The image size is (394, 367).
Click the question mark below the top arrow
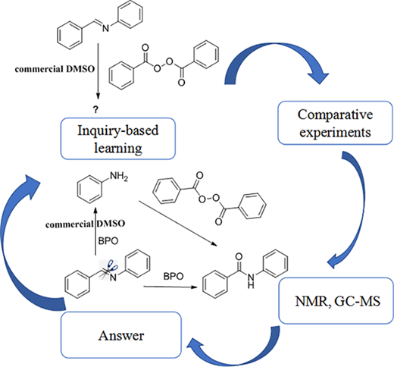click(x=95, y=109)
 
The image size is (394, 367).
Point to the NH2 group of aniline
click(x=119, y=176)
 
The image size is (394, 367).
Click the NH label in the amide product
click(x=251, y=281)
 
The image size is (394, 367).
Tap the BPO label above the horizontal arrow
click(x=174, y=276)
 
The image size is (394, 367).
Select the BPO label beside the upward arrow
click(x=108, y=241)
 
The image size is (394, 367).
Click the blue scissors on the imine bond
click(x=111, y=265)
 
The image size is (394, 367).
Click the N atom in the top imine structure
click(x=105, y=29)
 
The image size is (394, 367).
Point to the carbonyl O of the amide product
click(x=239, y=257)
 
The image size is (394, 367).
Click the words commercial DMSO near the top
click(x=55, y=69)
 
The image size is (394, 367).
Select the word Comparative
click(x=335, y=114)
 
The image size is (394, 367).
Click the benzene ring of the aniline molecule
click(x=89, y=189)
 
